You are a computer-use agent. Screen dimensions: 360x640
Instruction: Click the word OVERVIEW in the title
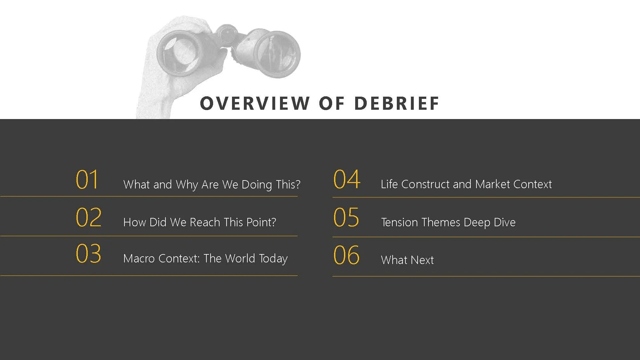[255, 103]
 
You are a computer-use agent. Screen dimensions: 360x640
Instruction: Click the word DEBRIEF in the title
[397, 103]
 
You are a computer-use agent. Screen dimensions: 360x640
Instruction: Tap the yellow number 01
[87, 180]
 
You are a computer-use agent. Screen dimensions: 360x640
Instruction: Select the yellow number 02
[89, 217]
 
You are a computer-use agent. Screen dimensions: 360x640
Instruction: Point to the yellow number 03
[89, 254]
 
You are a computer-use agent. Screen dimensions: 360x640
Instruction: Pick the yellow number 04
[347, 180]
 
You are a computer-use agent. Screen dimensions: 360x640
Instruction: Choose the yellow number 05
[346, 217]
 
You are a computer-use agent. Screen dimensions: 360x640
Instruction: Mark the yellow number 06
[347, 255]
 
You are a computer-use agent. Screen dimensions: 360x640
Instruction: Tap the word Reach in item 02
[205, 222]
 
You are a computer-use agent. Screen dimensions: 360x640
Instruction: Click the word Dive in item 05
[505, 222]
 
